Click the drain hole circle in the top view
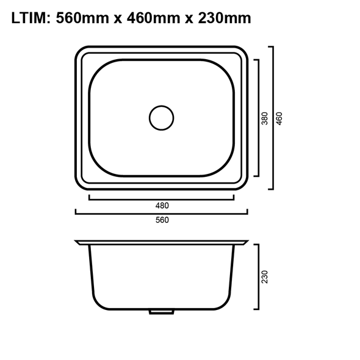(162, 117)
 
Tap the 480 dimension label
(162, 206)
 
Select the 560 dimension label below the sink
(162, 220)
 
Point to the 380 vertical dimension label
(265, 117)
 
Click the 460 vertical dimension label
(279, 117)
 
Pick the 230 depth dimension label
(265, 277)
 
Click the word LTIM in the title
(29, 18)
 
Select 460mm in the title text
(152, 18)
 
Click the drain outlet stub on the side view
(161, 311)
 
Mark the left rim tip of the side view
(77, 243)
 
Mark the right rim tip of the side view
(247, 243)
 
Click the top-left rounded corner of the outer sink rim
(80, 51)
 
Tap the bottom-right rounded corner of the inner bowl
(228, 167)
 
